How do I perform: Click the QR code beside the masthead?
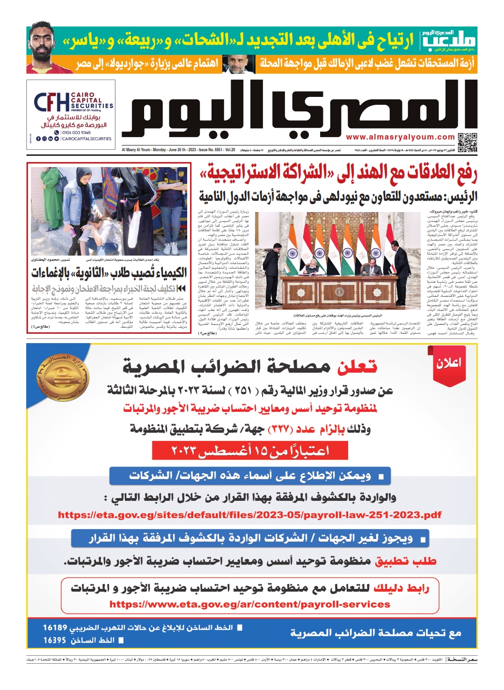click(467, 142)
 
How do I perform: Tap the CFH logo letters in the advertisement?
click(51, 103)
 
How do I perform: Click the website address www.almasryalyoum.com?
click(400, 137)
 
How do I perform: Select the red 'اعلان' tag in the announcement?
click(448, 363)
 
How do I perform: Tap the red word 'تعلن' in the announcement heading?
click(357, 367)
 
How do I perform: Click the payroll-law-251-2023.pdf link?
click(250, 515)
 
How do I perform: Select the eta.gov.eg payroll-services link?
click(250, 604)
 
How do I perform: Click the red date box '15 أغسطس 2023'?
click(250, 450)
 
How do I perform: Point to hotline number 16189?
click(55, 627)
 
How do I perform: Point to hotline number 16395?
click(55, 640)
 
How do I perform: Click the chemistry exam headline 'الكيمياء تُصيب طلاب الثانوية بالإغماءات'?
click(109, 272)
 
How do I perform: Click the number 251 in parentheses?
click(243, 390)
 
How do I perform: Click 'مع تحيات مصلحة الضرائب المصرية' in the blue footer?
click(376, 633)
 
